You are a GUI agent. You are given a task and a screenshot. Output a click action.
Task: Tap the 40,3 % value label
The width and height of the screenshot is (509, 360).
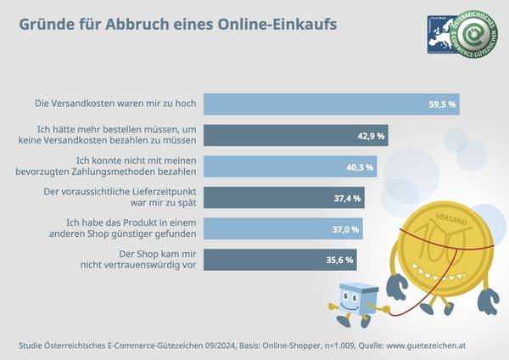362,166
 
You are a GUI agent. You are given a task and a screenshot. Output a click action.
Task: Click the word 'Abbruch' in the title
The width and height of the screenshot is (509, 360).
132,23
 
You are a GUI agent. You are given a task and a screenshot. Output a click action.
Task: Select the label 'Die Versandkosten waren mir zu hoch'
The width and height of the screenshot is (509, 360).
116,104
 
